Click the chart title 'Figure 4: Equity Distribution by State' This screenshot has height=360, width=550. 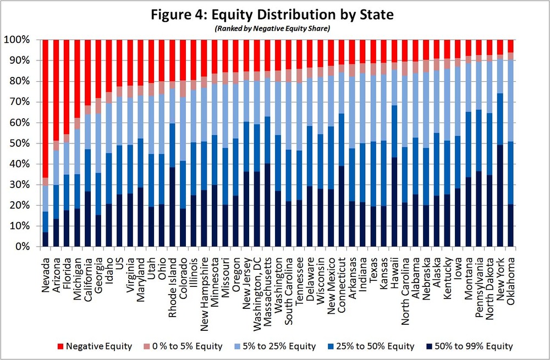pyautogui.click(x=275, y=14)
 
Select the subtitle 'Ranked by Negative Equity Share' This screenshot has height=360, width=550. pyautogui.click(x=275, y=29)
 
